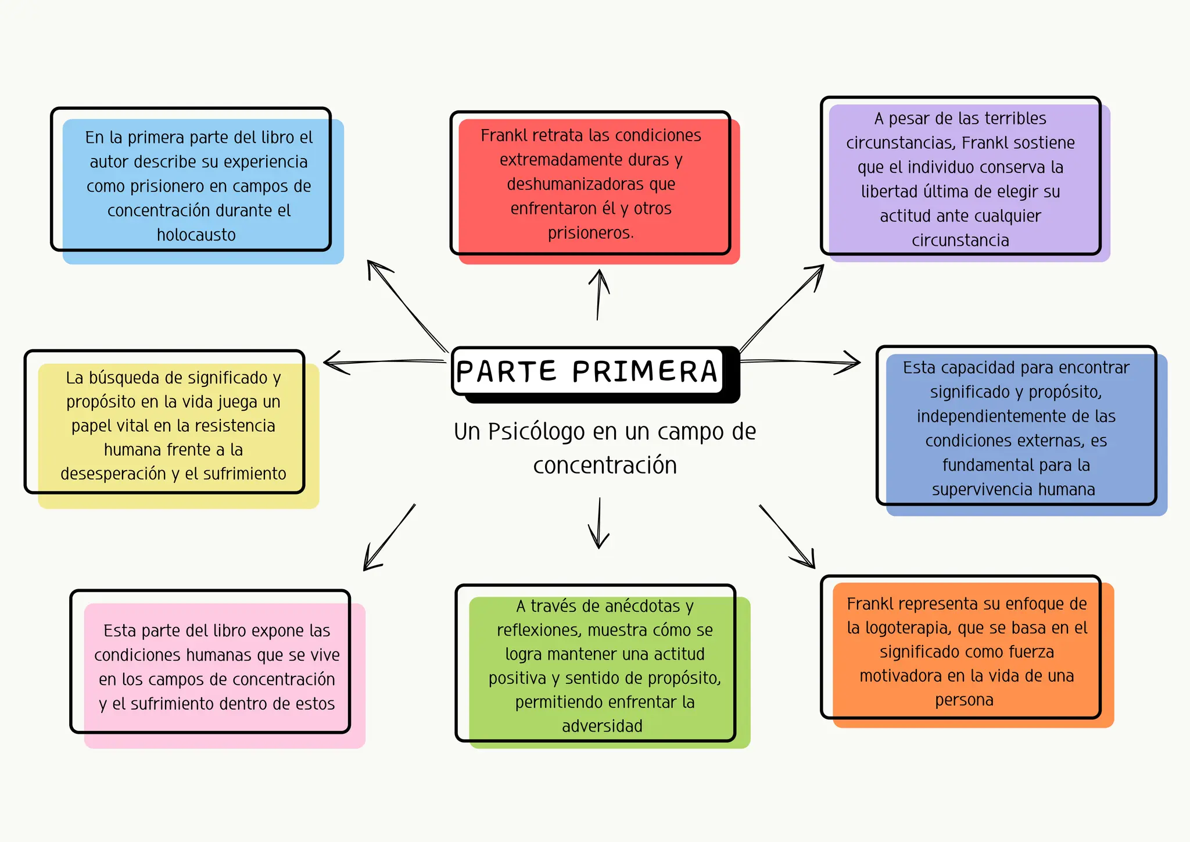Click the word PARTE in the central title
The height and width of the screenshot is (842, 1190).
pyautogui.click(x=506, y=372)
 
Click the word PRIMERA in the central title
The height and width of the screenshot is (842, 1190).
pyautogui.click(x=645, y=372)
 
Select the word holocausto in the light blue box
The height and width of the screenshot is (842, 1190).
pyautogui.click(x=196, y=235)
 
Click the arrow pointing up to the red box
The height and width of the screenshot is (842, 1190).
pyautogui.click(x=598, y=294)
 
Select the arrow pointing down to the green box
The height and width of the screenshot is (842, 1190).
pyautogui.click(x=599, y=523)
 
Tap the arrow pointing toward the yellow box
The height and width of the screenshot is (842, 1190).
pyautogui.click(x=383, y=362)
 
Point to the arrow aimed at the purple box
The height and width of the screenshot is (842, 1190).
pyautogui.click(x=782, y=309)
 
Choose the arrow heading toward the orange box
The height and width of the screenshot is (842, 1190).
pyautogui.click(x=787, y=537)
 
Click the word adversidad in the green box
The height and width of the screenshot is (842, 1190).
pyautogui.click(x=602, y=726)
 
